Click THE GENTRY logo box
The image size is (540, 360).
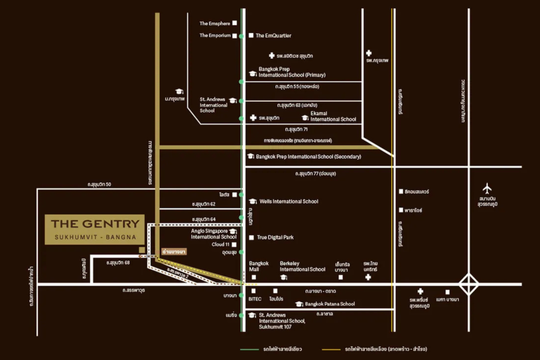tap(95, 229)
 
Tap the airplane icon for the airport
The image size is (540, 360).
tap(487, 188)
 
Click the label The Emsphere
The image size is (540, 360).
tap(215, 23)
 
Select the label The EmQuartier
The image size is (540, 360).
tap(273, 36)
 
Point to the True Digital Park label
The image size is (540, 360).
tap(275, 238)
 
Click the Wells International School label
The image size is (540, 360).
tap(288, 201)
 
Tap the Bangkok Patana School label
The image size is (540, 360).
tap(330, 304)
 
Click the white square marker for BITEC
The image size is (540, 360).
tap(253, 290)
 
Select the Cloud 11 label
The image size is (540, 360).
tap(220, 245)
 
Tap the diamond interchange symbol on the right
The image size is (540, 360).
tap(468, 285)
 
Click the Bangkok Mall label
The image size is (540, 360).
tap(259, 266)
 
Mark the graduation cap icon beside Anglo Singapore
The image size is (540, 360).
tap(233, 231)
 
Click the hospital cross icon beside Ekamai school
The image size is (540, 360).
tap(253, 118)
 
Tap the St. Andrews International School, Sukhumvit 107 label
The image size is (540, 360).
tap(281, 320)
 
